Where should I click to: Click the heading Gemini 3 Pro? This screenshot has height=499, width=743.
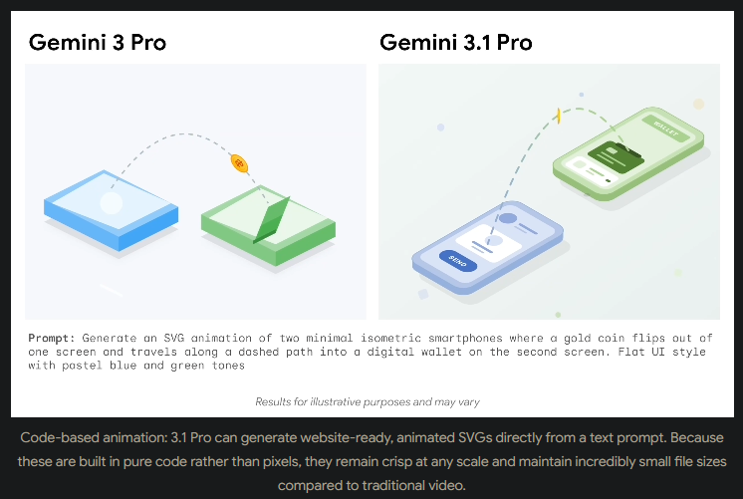click(97, 43)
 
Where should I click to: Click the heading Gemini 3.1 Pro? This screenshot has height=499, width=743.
click(455, 43)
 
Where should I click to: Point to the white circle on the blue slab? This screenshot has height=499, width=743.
click(112, 203)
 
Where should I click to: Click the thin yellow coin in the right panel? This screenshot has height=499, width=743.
click(561, 117)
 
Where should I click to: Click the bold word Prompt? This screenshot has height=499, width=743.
click(52, 338)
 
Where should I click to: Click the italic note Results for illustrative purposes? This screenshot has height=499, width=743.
click(367, 401)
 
